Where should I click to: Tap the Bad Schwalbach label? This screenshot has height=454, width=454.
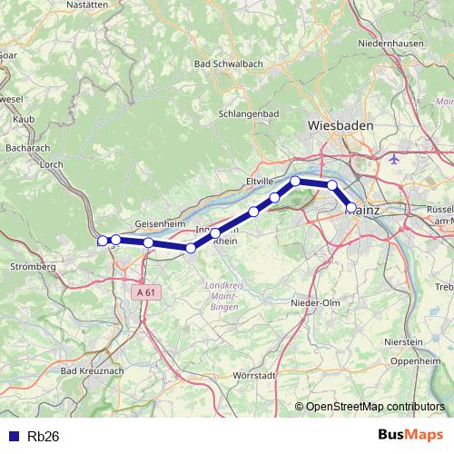pos(230,64)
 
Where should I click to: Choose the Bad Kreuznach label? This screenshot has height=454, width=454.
pos(93,371)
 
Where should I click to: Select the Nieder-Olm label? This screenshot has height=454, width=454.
pos(314,302)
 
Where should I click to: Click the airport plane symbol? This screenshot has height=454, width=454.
pos(393,160)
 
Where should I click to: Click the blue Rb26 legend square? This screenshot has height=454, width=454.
pos(13,436)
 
